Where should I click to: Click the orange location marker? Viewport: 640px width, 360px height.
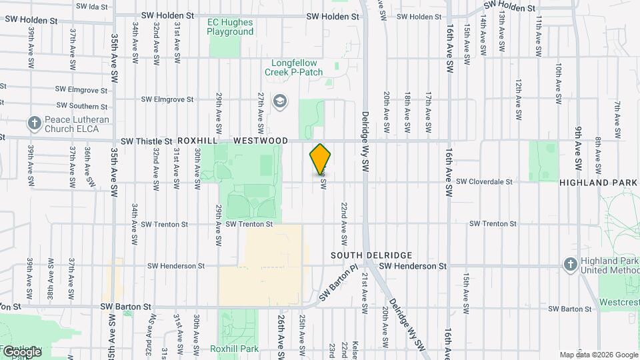point(320,159)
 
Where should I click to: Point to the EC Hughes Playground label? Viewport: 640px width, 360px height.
point(230,27)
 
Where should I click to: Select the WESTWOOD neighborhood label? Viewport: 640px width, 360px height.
point(261,141)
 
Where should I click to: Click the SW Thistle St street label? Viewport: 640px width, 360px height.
point(146,141)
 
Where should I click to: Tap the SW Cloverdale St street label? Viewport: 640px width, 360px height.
point(484,181)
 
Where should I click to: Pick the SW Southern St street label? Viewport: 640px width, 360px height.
point(82,106)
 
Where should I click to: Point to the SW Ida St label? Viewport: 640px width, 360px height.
point(92,6)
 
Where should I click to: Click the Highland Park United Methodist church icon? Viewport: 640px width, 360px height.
point(569,265)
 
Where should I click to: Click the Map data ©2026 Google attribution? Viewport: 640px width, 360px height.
point(599,355)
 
